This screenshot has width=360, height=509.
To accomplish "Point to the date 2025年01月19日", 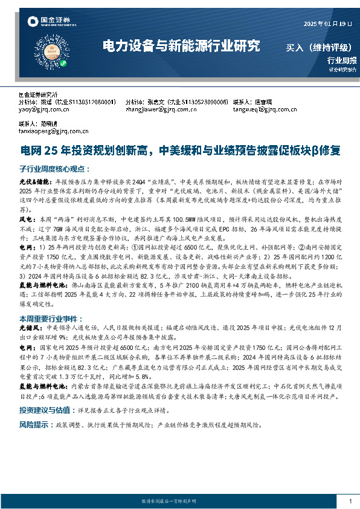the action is [326, 23].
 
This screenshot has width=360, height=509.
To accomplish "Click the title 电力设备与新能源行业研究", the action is [181, 45].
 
